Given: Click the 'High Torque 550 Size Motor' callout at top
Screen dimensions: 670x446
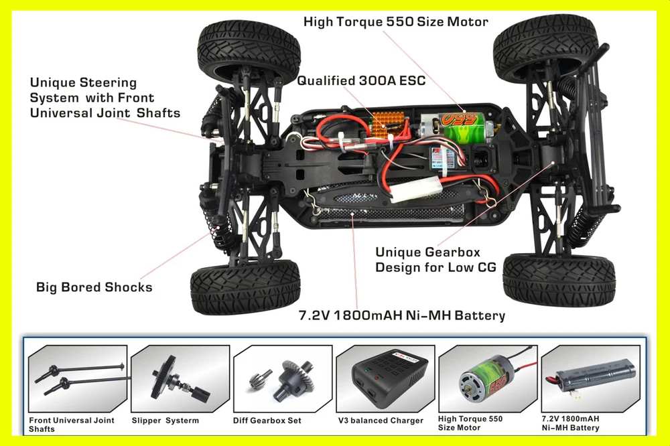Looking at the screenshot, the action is (395, 21).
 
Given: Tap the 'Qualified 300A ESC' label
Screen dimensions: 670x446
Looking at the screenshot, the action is (361, 81).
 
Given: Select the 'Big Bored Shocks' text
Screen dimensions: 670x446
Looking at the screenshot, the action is (94, 287).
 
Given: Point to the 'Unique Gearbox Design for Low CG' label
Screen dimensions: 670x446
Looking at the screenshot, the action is (435, 260).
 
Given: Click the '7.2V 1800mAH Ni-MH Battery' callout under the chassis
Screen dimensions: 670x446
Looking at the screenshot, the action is (401, 315).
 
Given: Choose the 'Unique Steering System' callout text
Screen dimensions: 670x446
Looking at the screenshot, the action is (105, 98).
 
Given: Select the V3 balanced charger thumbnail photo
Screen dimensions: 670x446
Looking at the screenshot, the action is (385, 378).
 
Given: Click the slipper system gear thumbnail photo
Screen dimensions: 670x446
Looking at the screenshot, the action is (180, 378).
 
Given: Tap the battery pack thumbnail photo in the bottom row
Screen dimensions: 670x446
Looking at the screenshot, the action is (590, 378).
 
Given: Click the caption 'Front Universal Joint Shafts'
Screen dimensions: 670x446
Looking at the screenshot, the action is (72, 424).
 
